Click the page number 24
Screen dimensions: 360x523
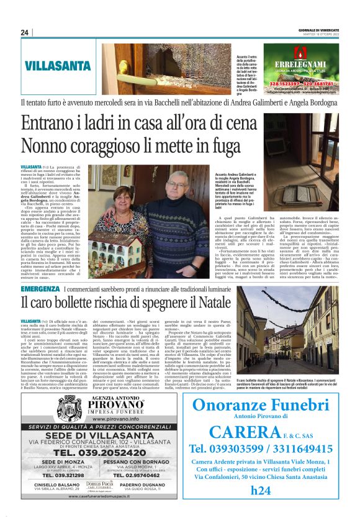point(25,33)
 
